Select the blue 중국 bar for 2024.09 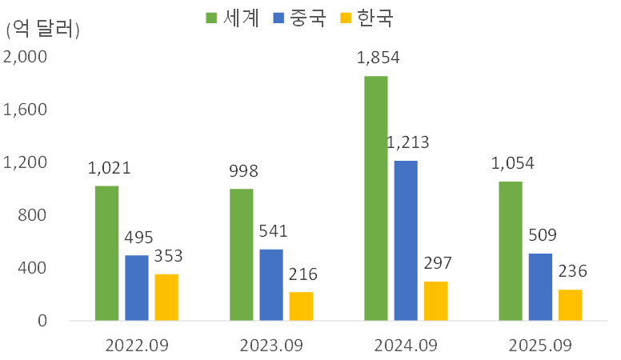[x=406, y=241]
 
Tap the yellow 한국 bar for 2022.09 [x=166, y=297]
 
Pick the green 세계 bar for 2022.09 [x=106, y=253]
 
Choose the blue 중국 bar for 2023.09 [x=271, y=284]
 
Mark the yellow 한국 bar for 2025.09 [x=571, y=305]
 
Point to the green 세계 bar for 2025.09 [x=511, y=251]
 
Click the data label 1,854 [x=378, y=58]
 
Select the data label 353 [x=167, y=256]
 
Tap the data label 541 [x=272, y=231]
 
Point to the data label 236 [x=571, y=272]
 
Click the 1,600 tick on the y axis [x=26, y=110]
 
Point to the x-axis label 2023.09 [x=272, y=346]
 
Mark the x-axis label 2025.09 [x=541, y=346]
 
